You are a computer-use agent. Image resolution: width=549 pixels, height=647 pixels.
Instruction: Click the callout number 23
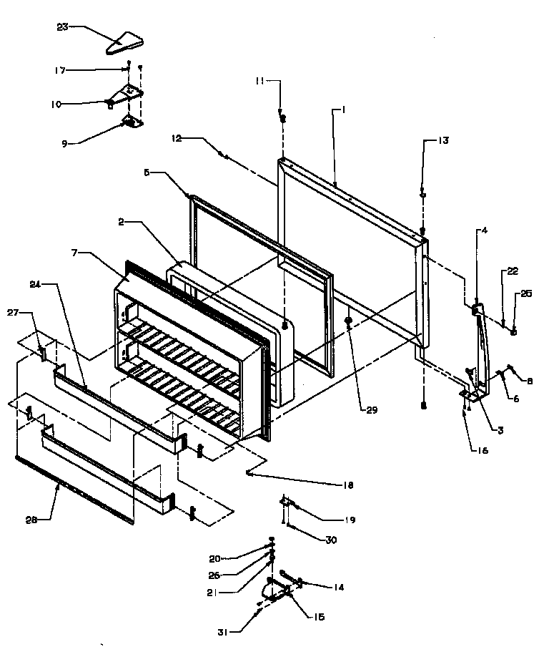(x=63, y=27)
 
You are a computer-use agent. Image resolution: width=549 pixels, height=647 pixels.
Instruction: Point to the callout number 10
(x=56, y=104)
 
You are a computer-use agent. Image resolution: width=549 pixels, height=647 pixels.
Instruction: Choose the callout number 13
(x=444, y=141)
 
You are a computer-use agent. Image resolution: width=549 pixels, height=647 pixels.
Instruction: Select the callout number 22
(x=513, y=271)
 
